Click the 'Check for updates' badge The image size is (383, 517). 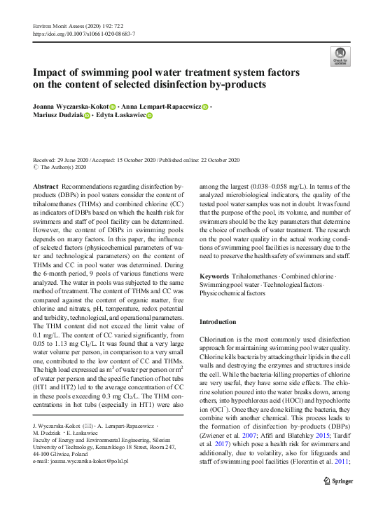(x=340, y=56)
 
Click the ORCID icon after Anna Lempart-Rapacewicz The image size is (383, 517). (x=205, y=107)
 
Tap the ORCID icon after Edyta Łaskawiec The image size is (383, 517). (x=149, y=116)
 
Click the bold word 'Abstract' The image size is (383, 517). (x=46, y=185)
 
